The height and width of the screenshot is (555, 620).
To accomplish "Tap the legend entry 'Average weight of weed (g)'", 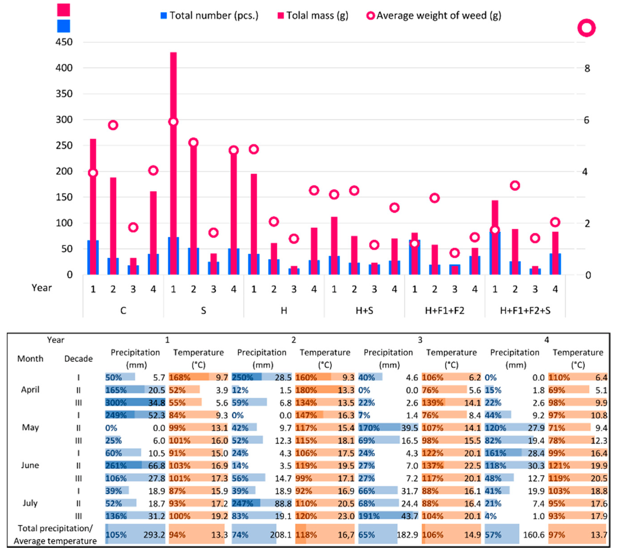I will (434, 15).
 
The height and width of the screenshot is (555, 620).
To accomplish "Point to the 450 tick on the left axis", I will (64, 42).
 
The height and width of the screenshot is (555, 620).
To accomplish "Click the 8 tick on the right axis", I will (587, 69).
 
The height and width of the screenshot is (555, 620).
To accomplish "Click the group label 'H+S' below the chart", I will (364, 311).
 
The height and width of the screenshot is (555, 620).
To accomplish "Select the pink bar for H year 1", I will (254, 213).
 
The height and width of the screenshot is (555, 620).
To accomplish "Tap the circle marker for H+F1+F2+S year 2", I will (515, 185).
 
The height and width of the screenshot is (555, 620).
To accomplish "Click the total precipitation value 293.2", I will (154, 535).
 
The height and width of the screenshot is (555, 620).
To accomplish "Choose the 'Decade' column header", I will (78, 359).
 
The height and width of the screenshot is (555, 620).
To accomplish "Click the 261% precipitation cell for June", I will (116, 466).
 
